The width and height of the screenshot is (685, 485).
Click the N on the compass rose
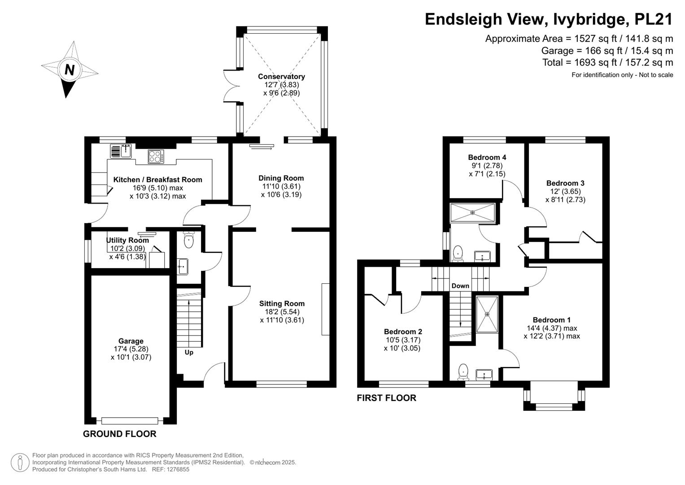click(70, 70)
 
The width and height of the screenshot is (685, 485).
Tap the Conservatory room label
click(281, 76)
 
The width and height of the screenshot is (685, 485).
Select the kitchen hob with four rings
click(156, 156)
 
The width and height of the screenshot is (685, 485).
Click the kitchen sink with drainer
click(121, 152)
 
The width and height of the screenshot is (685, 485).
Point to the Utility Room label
click(127, 240)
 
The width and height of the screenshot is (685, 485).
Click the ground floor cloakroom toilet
click(189, 240)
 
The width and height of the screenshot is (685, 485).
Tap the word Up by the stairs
click(189, 353)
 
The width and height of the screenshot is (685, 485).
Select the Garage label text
click(131, 341)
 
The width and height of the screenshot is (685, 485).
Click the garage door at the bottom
click(130, 421)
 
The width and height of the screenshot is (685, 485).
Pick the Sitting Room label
click(282, 304)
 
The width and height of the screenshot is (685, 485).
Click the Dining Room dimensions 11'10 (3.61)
click(281, 186)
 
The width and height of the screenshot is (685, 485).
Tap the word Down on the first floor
click(460, 286)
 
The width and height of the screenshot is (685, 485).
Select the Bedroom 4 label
click(487, 157)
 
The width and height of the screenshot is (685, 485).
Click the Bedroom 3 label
click(565, 183)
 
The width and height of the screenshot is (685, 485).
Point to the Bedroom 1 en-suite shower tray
click(487, 314)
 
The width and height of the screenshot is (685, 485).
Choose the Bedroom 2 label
click(403, 331)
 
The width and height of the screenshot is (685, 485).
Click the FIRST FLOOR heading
click(387, 398)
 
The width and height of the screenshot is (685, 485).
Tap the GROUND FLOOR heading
click(120, 434)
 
